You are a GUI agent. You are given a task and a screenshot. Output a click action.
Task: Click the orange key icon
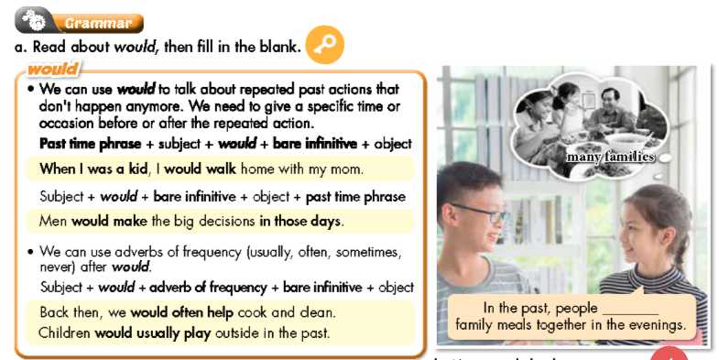click(x=324, y=43)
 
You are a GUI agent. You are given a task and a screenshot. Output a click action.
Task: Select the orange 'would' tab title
click(x=51, y=70)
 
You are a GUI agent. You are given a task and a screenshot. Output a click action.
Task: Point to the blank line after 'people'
click(x=630, y=309)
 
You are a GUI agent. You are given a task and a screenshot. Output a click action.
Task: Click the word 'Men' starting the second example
click(x=53, y=221)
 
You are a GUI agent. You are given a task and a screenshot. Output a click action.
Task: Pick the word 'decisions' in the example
click(x=223, y=221)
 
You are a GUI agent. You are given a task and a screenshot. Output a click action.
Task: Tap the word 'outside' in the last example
click(x=238, y=333)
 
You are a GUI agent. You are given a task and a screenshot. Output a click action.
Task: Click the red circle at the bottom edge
click(x=668, y=355)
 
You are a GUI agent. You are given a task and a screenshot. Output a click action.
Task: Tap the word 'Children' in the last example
click(x=65, y=333)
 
